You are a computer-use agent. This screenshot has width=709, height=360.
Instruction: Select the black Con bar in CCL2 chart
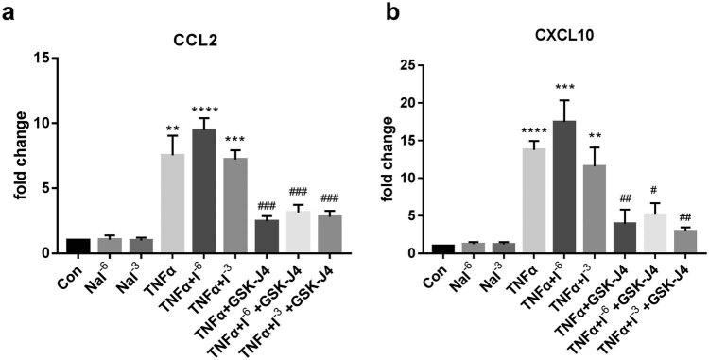pos(78,246)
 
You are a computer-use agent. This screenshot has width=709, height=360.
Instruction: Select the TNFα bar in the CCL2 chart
pos(172,203)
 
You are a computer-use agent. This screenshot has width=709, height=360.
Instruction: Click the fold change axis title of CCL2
pos(19,156)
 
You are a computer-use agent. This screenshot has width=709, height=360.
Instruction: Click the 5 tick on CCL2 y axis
pos(52,188)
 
